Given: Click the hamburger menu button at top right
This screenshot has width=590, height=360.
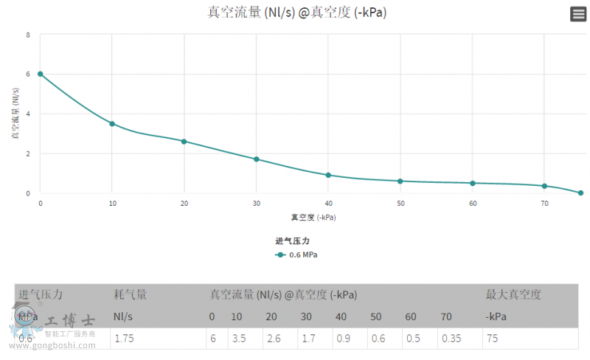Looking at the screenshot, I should [x=578, y=14].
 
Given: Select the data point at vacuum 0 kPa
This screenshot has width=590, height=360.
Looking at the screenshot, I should [x=41, y=74].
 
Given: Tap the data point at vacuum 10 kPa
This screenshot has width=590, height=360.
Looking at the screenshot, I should [x=112, y=124].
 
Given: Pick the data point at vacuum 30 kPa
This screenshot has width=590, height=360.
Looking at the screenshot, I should [x=257, y=159].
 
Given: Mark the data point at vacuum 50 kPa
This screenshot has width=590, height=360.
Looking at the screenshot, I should [x=400, y=181].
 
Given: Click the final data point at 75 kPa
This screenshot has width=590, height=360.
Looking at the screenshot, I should [x=580, y=193].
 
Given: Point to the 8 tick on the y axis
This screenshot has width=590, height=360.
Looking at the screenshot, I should [x=28, y=35].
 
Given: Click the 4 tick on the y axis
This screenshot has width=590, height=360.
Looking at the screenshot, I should [x=28, y=114].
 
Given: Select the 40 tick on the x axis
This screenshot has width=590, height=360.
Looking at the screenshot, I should [x=328, y=204].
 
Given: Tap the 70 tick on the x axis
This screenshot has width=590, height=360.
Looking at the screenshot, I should [x=544, y=204].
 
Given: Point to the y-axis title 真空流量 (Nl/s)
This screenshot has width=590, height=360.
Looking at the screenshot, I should [x=15, y=114].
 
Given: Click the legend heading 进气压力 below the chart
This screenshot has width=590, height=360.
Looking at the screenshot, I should [x=293, y=241].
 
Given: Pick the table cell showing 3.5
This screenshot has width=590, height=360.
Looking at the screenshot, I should [x=239, y=338].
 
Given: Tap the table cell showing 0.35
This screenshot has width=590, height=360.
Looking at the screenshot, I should [x=451, y=338].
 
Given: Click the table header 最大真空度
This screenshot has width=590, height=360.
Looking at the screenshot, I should [x=513, y=294].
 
